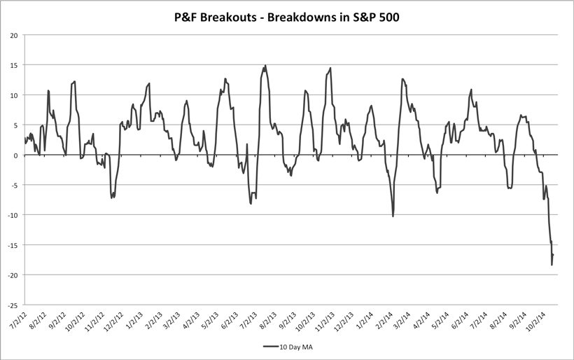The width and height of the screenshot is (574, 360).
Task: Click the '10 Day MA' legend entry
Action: click(292, 347)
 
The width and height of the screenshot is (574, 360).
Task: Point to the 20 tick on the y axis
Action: click(14, 35)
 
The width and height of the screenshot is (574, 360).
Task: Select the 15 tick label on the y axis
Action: click(14, 65)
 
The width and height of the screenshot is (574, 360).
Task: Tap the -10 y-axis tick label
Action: click(13, 215)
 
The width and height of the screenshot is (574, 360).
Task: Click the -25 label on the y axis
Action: click(13, 305)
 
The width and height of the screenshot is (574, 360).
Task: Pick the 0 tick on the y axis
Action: click(16, 155)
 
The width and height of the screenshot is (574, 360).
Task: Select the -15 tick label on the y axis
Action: click(13, 245)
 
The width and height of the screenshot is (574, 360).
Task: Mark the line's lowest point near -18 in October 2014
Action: click(552, 265)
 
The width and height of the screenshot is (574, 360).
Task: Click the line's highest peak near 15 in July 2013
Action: click(265, 66)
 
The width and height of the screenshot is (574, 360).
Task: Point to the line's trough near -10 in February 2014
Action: click(393, 216)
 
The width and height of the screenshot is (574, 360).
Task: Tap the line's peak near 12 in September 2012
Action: click(74, 81)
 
